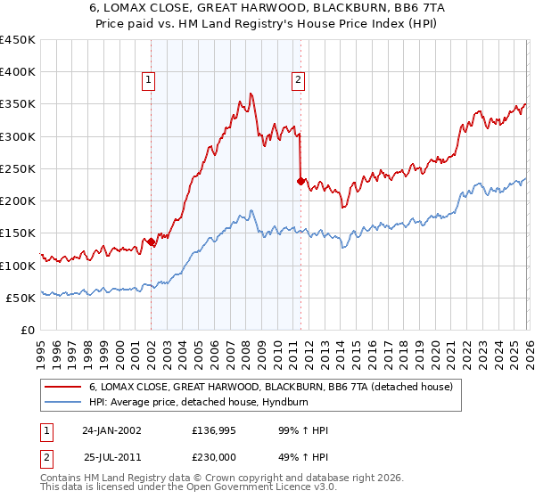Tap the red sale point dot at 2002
[151, 241]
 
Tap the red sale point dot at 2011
[300, 181]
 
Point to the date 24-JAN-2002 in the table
[112, 430]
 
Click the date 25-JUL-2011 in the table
[113, 456]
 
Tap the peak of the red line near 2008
[251, 93]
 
